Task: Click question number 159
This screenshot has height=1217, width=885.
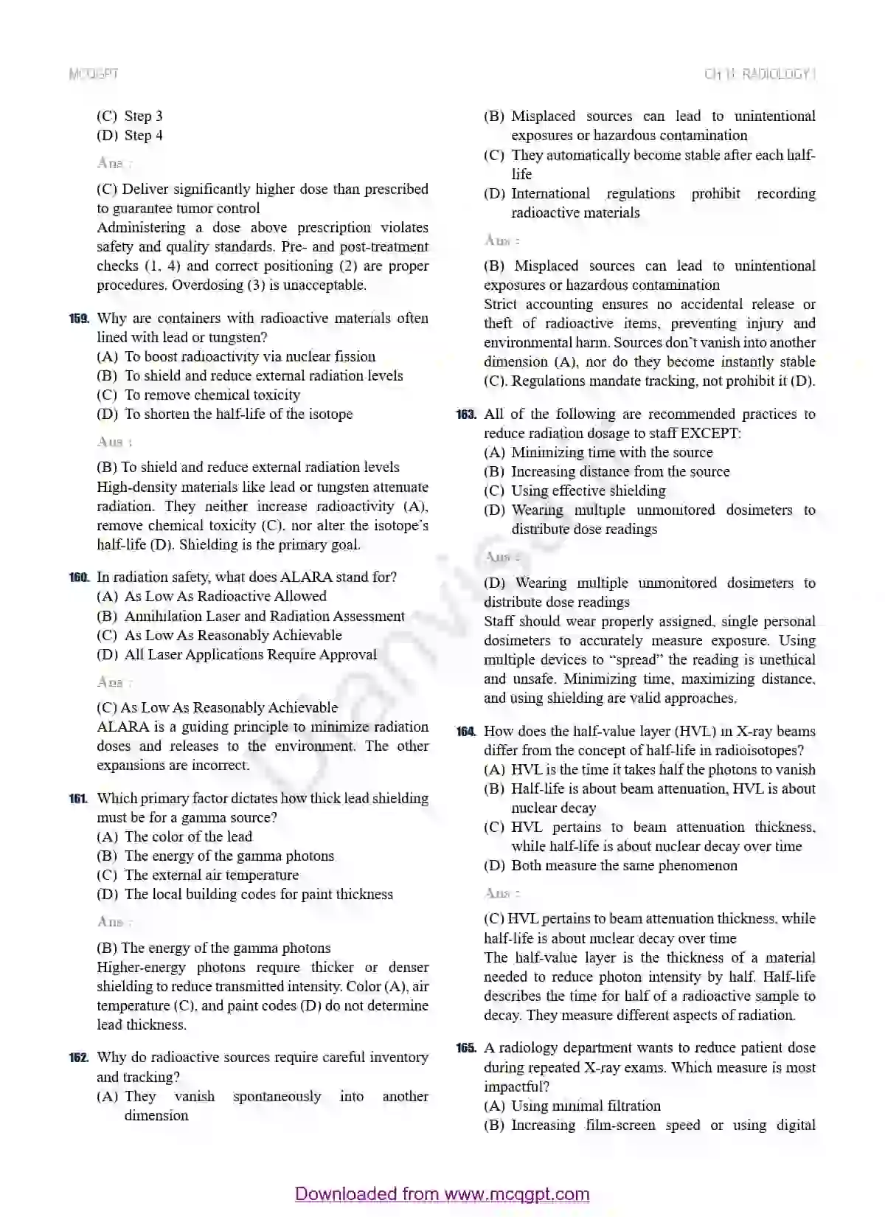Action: (79, 319)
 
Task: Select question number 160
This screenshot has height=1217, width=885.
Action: (79, 578)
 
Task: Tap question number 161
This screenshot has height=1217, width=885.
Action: (79, 798)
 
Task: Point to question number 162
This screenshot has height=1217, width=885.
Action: (79, 1058)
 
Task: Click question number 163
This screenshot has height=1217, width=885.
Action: (466, 415)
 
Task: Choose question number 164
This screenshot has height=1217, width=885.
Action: (466, 732)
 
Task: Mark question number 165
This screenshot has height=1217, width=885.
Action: (466, 1048)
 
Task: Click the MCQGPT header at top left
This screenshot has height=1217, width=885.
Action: (93, 74)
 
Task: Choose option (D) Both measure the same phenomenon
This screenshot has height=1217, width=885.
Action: (610, 865)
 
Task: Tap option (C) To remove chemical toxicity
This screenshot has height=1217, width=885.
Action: (198, 395)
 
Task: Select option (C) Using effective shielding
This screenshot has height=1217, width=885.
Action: (575, 490)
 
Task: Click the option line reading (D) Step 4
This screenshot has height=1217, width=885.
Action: (130, 135)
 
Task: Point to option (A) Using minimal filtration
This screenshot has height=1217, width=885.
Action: (572, 1106)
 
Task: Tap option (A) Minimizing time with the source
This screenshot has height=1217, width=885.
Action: (598, 452)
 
